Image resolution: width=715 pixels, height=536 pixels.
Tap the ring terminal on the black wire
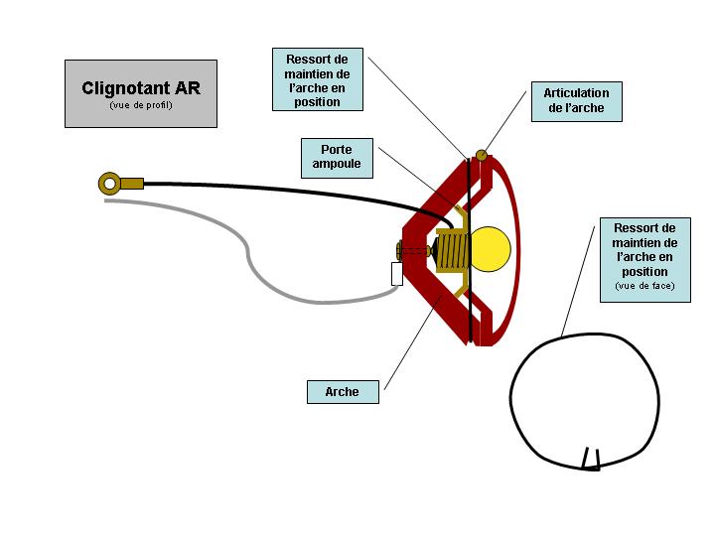[x=109, y=183]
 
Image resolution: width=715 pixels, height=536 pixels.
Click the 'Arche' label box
[x=342, y=392]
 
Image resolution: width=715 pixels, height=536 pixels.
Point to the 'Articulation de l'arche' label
[x=576, y=102]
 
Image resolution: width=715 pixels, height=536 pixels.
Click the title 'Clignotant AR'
[x=141, y=88]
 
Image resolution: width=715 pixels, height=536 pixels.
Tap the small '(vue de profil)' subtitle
[x=141, y=105]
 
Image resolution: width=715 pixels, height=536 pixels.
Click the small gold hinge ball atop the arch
[x=482, y=154]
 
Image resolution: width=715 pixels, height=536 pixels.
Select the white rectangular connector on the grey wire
[x=397, y=273]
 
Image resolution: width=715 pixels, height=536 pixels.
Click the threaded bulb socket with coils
[x=453, y=248]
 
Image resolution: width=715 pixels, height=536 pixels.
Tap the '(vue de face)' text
[x=644, y=287]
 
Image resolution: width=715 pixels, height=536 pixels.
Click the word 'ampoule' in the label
[x=337, y=165]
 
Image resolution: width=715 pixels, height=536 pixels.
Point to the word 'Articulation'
[x=576, y=93]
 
